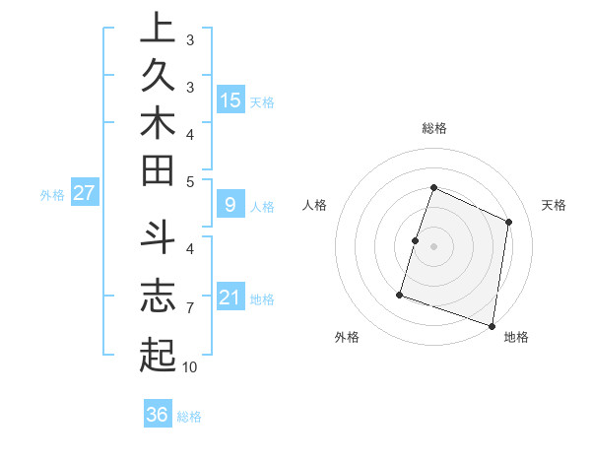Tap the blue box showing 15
pos(230,100)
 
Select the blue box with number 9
pos(230,205)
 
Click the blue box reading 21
pos(230,298)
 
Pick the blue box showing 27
pos(84,193)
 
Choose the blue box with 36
pos(157,415)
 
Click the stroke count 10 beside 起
pos(189,367)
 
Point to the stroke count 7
pos(189,308)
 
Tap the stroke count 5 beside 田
pos(189,181)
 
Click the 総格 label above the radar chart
pos(433,128)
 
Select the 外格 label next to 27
pos(52,195)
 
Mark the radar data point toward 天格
pos(508,222)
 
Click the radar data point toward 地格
pos(492,325)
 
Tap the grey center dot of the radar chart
pos(433,246)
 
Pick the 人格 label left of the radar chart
pos(315,205)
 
